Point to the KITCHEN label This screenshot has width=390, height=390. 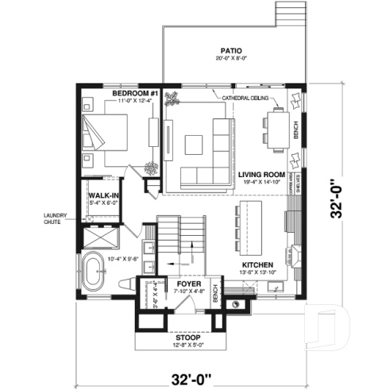pyautogui.click(x=258, y=265)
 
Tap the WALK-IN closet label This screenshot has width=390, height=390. pyautogui.click(x=103, y=195)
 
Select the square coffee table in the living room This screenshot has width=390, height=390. pyautogui.click(x=195, y=144)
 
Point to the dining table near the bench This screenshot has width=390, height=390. pyautogui.click(x=276, y=129)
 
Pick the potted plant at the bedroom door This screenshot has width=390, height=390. pyautogui.click(x=150, y=168)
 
